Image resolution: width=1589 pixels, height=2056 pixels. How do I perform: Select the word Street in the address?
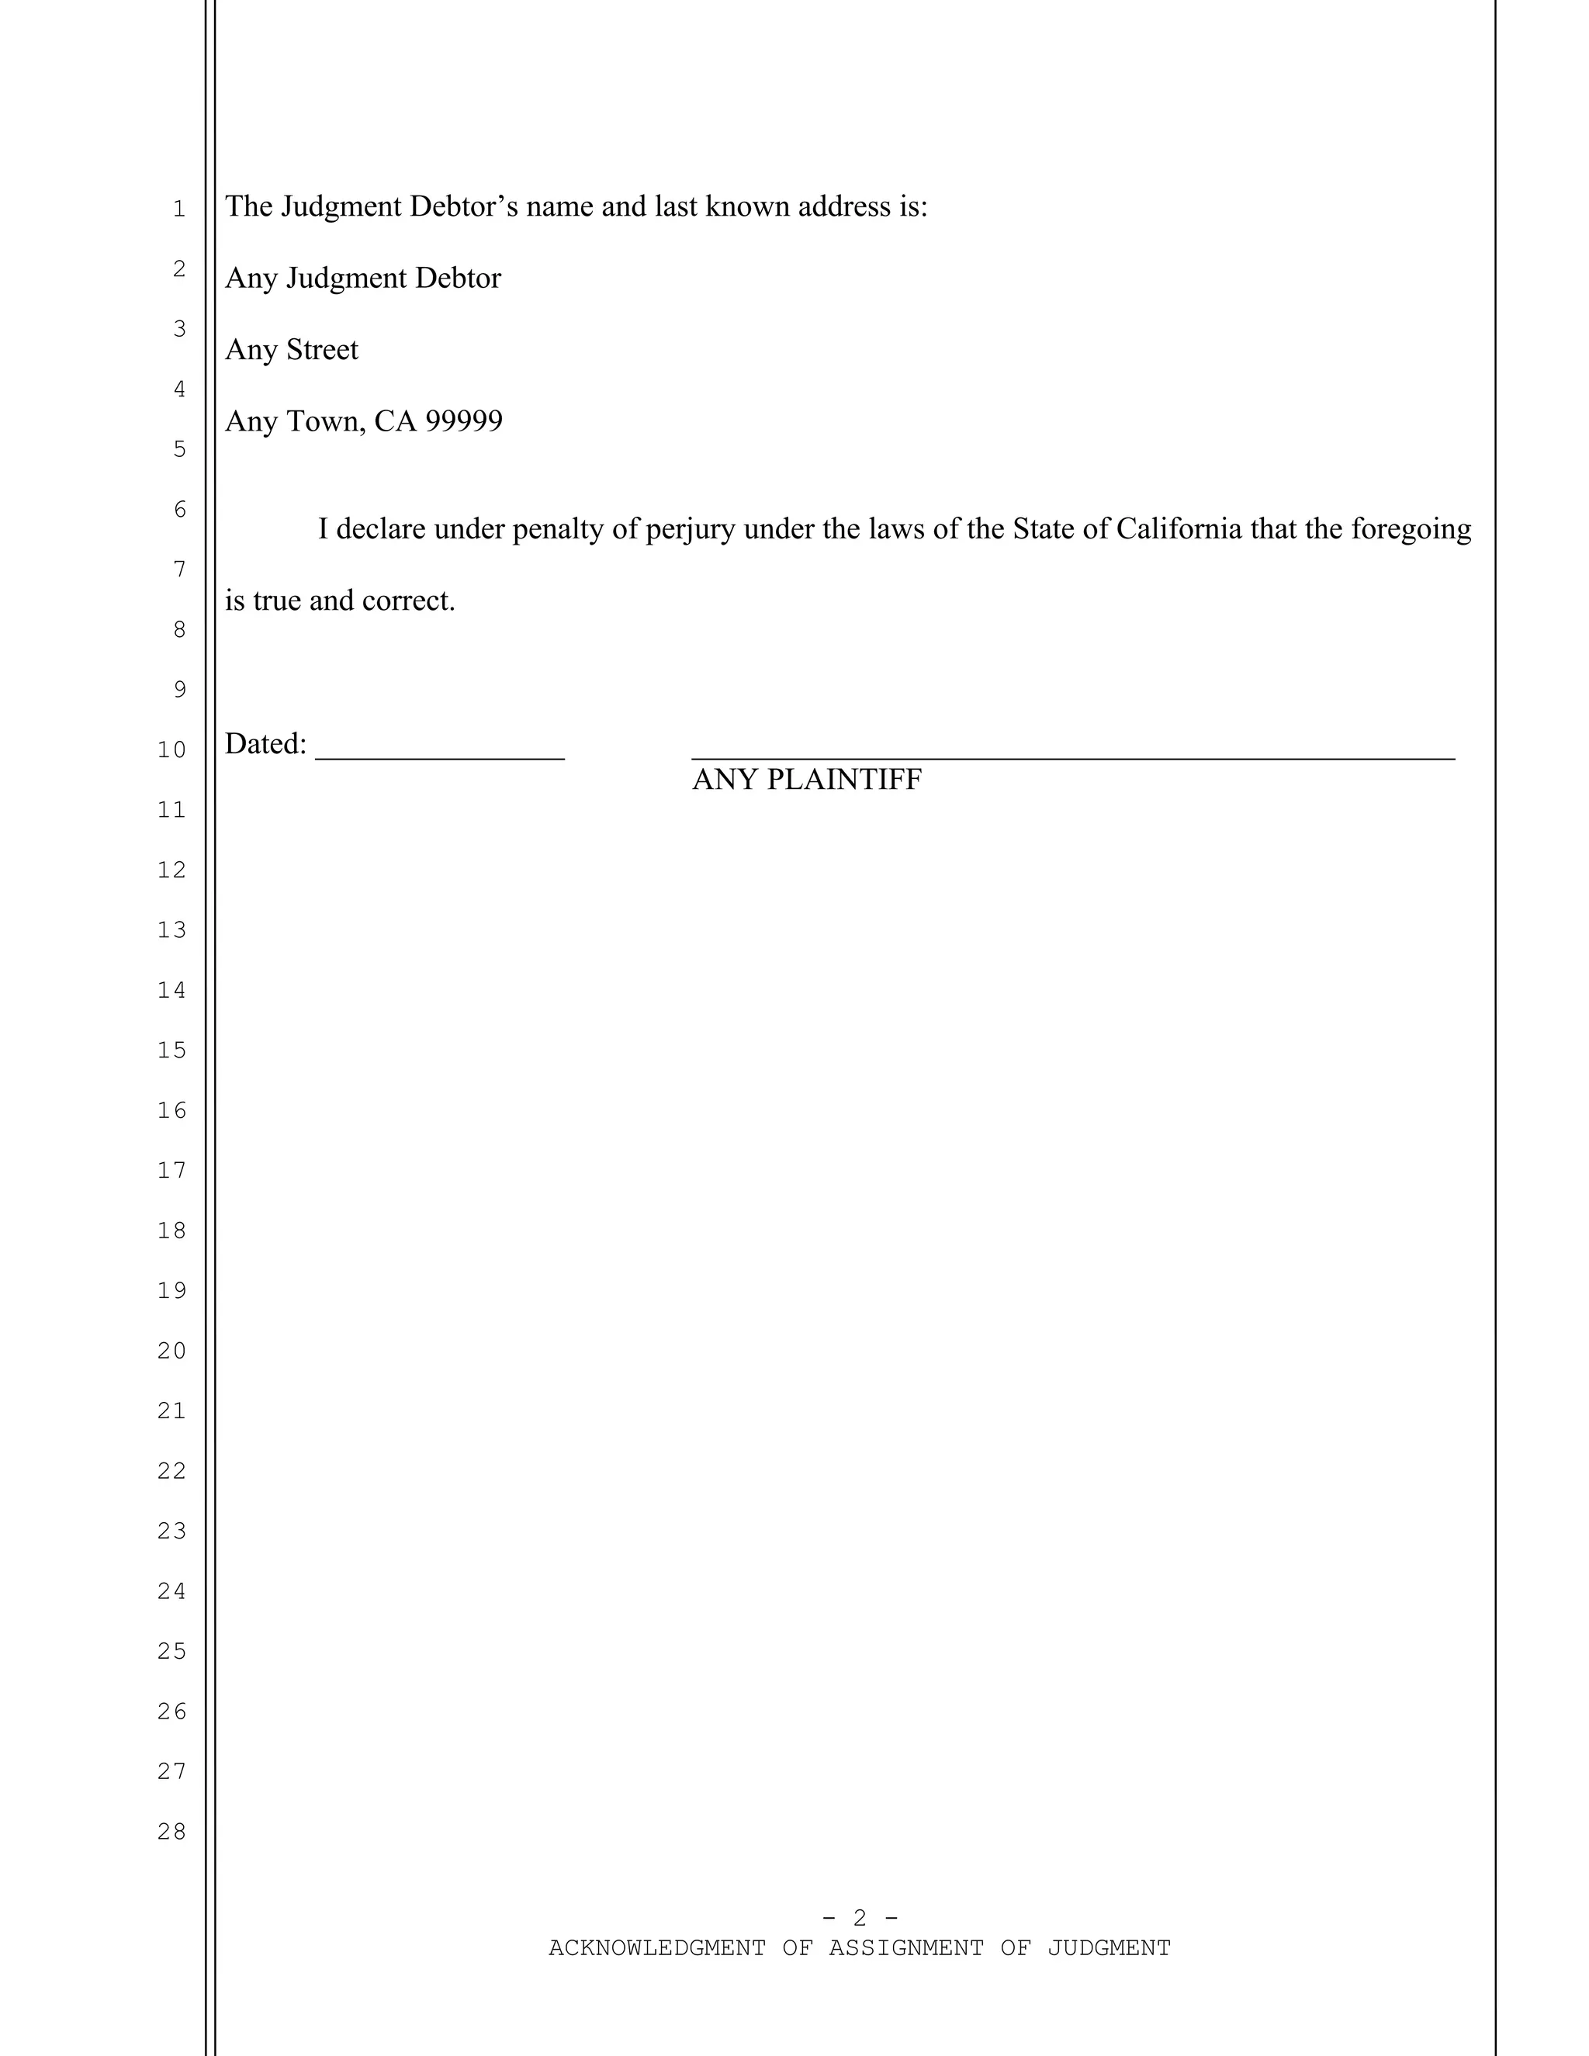[x=322, y=349]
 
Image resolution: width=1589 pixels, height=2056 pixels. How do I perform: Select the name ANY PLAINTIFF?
[x=807, y=780]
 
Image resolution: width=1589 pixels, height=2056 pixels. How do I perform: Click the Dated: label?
[x=265, y=745]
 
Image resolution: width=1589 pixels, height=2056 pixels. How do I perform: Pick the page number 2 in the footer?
[x=860, y=1918]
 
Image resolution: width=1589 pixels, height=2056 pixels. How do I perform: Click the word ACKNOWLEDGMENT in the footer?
[x=657, y=1947]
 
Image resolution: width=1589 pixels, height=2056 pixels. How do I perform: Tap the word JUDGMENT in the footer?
[x=1109, y=1947]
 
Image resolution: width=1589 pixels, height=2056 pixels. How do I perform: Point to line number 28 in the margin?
[x=172, y=1831]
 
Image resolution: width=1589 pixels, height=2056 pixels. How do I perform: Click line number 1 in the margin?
[x=179, y=209]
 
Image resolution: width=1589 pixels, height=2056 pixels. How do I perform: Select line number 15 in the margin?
[x=172, y=1050]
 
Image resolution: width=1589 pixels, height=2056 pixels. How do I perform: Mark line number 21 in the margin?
[x=172, y=1410]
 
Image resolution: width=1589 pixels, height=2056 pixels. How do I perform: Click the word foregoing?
[x=1411, y=529]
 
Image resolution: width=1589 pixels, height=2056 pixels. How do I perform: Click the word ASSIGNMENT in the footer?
[x=905, y=1947]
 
